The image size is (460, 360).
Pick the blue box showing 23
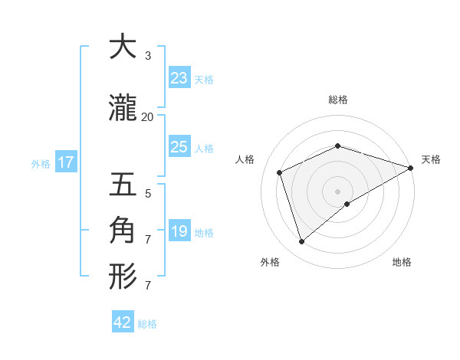click(x=179, y=78)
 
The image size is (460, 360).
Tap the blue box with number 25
click(x=179, y=147)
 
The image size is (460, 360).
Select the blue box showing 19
click(x=179, y=231)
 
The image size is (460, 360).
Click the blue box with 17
click(x=65, y=162)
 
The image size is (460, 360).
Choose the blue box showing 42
click(x=123, y=322)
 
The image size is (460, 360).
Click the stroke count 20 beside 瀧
click(x=147, y=116)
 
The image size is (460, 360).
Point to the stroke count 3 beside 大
click(x=147, y=56)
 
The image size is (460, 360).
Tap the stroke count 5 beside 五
click(x=147, y=194)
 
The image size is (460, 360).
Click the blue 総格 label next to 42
click(x=147, y=324)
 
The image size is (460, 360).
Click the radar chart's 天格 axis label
click(x=431, y=159)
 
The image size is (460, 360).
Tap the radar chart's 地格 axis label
click(x=402, y=262)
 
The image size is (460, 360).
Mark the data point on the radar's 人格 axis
click(x=280, y=172)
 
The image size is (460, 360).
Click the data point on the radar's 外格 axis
click(x=302, y=242)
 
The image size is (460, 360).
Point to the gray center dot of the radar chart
click(x=337, y=191)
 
